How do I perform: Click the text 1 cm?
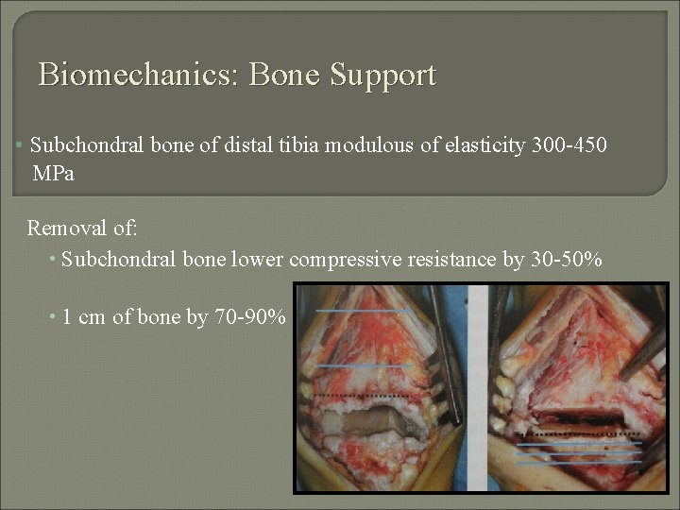point(84,317)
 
